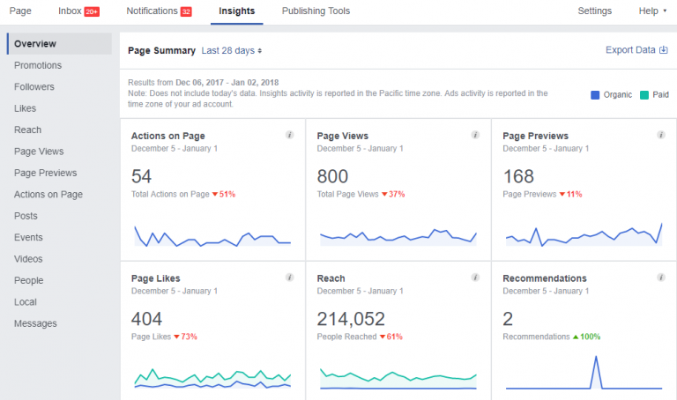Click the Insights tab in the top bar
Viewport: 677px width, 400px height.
pos(237,11)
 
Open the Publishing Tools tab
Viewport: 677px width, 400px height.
pos(316,11)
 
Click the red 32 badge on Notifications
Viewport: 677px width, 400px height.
pos(185,12)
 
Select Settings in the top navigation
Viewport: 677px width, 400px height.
pos(594,11)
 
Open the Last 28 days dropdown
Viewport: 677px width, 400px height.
pos(232,51)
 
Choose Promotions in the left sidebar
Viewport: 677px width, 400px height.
pos(38,65)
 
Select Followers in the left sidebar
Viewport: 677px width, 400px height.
pos(34,87)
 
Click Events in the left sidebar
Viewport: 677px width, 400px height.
pos(28,237)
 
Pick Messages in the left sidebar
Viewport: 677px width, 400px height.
pos(35,323)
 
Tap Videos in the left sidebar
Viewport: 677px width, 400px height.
pos(28,259)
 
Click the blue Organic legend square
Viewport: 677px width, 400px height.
pos(594,94)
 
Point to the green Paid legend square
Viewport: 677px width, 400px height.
pos(644,94)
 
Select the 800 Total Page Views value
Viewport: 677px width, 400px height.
pos(332,176)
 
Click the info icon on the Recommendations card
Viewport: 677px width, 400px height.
pos(660,278)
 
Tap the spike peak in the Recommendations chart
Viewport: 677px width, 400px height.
pos(597,357)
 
